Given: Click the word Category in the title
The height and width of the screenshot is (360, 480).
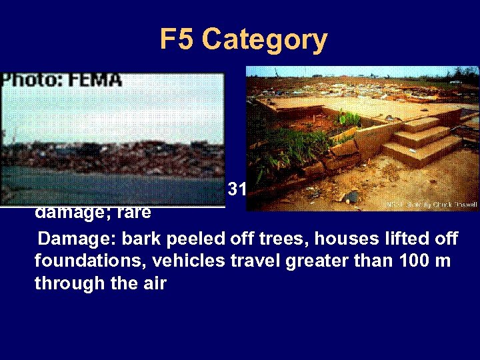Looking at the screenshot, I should (x=265, y=40).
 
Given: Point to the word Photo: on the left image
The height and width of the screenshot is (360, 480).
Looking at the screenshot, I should (x=31, y=80).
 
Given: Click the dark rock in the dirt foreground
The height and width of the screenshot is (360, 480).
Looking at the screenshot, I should (x=352, y=197).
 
